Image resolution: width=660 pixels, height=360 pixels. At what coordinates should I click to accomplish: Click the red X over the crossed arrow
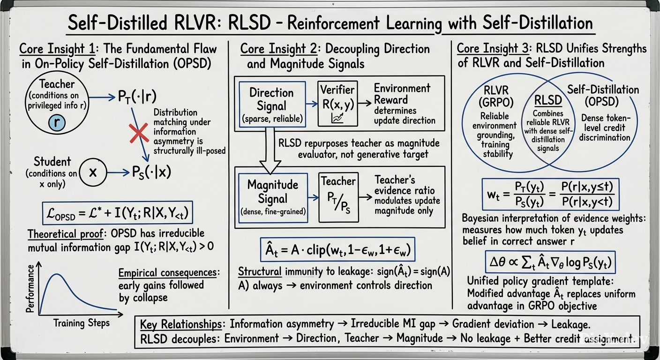139,133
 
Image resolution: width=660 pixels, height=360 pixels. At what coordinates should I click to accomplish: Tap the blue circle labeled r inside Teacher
57,122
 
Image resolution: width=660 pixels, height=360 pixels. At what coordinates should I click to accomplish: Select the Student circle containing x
93,172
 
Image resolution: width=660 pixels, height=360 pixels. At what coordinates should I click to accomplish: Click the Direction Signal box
272,105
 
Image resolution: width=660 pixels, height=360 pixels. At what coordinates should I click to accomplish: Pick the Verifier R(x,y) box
338,104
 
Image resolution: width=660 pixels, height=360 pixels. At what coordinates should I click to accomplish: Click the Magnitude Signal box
273,198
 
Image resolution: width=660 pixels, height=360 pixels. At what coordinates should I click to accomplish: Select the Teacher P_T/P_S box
338,197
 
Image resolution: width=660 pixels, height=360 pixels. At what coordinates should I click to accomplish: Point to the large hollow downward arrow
270,150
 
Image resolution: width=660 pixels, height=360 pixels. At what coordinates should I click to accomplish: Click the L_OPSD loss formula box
118,213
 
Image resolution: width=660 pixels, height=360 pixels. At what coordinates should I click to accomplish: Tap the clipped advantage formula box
337,249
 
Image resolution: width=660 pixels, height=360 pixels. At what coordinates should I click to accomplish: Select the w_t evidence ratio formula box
550,194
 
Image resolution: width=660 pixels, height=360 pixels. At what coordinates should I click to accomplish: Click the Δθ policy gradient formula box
550,262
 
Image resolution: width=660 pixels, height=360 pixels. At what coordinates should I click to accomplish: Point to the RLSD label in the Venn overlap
548,100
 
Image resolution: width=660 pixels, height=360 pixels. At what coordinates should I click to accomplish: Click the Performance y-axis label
30,288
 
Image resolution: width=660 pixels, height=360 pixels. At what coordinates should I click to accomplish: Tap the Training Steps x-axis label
81,323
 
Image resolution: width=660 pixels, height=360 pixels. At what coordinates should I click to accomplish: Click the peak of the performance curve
57,274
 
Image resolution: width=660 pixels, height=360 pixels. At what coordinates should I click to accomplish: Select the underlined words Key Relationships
181,324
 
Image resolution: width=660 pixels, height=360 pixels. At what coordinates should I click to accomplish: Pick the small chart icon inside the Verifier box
337,119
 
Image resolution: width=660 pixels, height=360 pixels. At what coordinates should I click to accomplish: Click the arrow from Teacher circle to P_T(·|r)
102,97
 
